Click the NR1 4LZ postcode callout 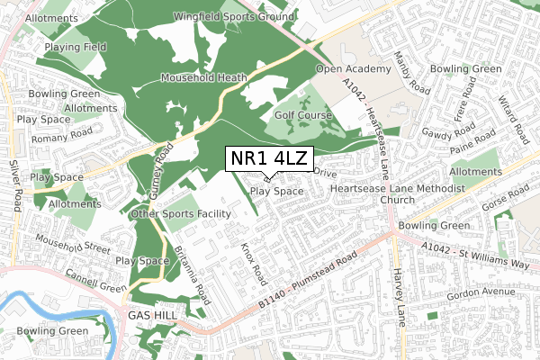point(268,159)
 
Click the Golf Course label point(305,115)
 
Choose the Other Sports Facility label point(181,213)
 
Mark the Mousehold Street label point(73,243)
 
